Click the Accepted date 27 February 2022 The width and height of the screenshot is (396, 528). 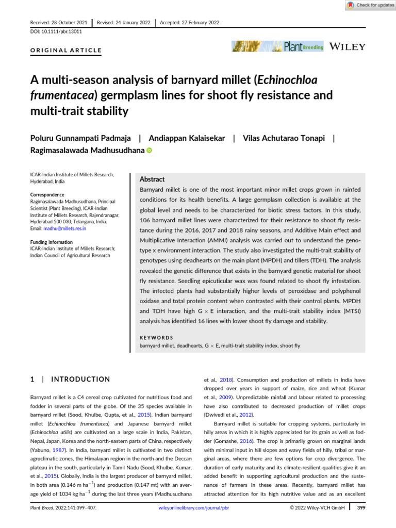pyautogui.click(x=190, y=22)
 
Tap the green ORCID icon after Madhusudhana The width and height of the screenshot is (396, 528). pyautogui.click(x=150, y=151)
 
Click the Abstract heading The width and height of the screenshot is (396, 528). pyautogui.click(x=153, y=179)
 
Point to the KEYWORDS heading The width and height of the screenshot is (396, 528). pyautogui.click(x=156, y=338)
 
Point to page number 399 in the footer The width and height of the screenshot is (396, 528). pyautogui.click(x=361, y=522)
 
